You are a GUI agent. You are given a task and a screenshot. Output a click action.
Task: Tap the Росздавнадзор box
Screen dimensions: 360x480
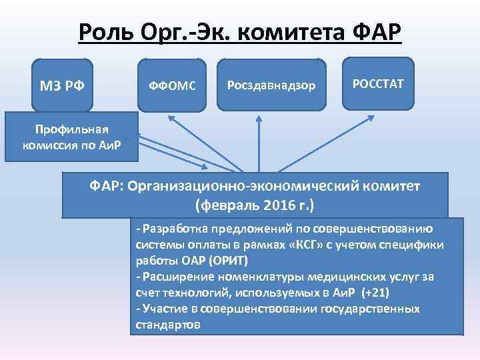(272, 85)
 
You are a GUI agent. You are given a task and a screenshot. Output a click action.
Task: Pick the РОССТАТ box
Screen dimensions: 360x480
(378, 83)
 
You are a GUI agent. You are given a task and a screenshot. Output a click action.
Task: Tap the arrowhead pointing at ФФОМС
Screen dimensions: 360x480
(169, 118)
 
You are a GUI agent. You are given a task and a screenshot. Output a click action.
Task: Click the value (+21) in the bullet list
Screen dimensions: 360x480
(375, 293)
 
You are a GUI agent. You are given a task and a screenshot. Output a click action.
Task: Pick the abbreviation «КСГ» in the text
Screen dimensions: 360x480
(301, 245)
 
